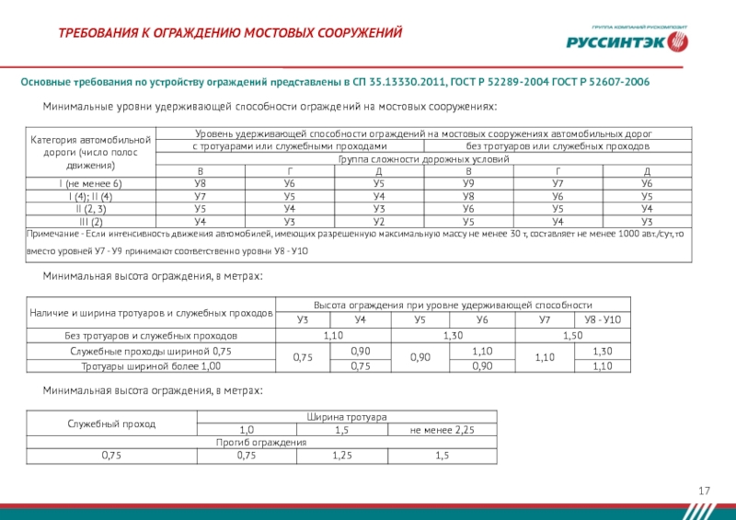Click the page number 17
(x=706, y=492)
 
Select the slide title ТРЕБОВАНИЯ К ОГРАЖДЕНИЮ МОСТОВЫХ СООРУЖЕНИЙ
(x=231, y=34)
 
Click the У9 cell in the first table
(x=468, y=185)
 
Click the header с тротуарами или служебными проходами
(x=289, y=147)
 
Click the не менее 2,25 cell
(x=442, y=430)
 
